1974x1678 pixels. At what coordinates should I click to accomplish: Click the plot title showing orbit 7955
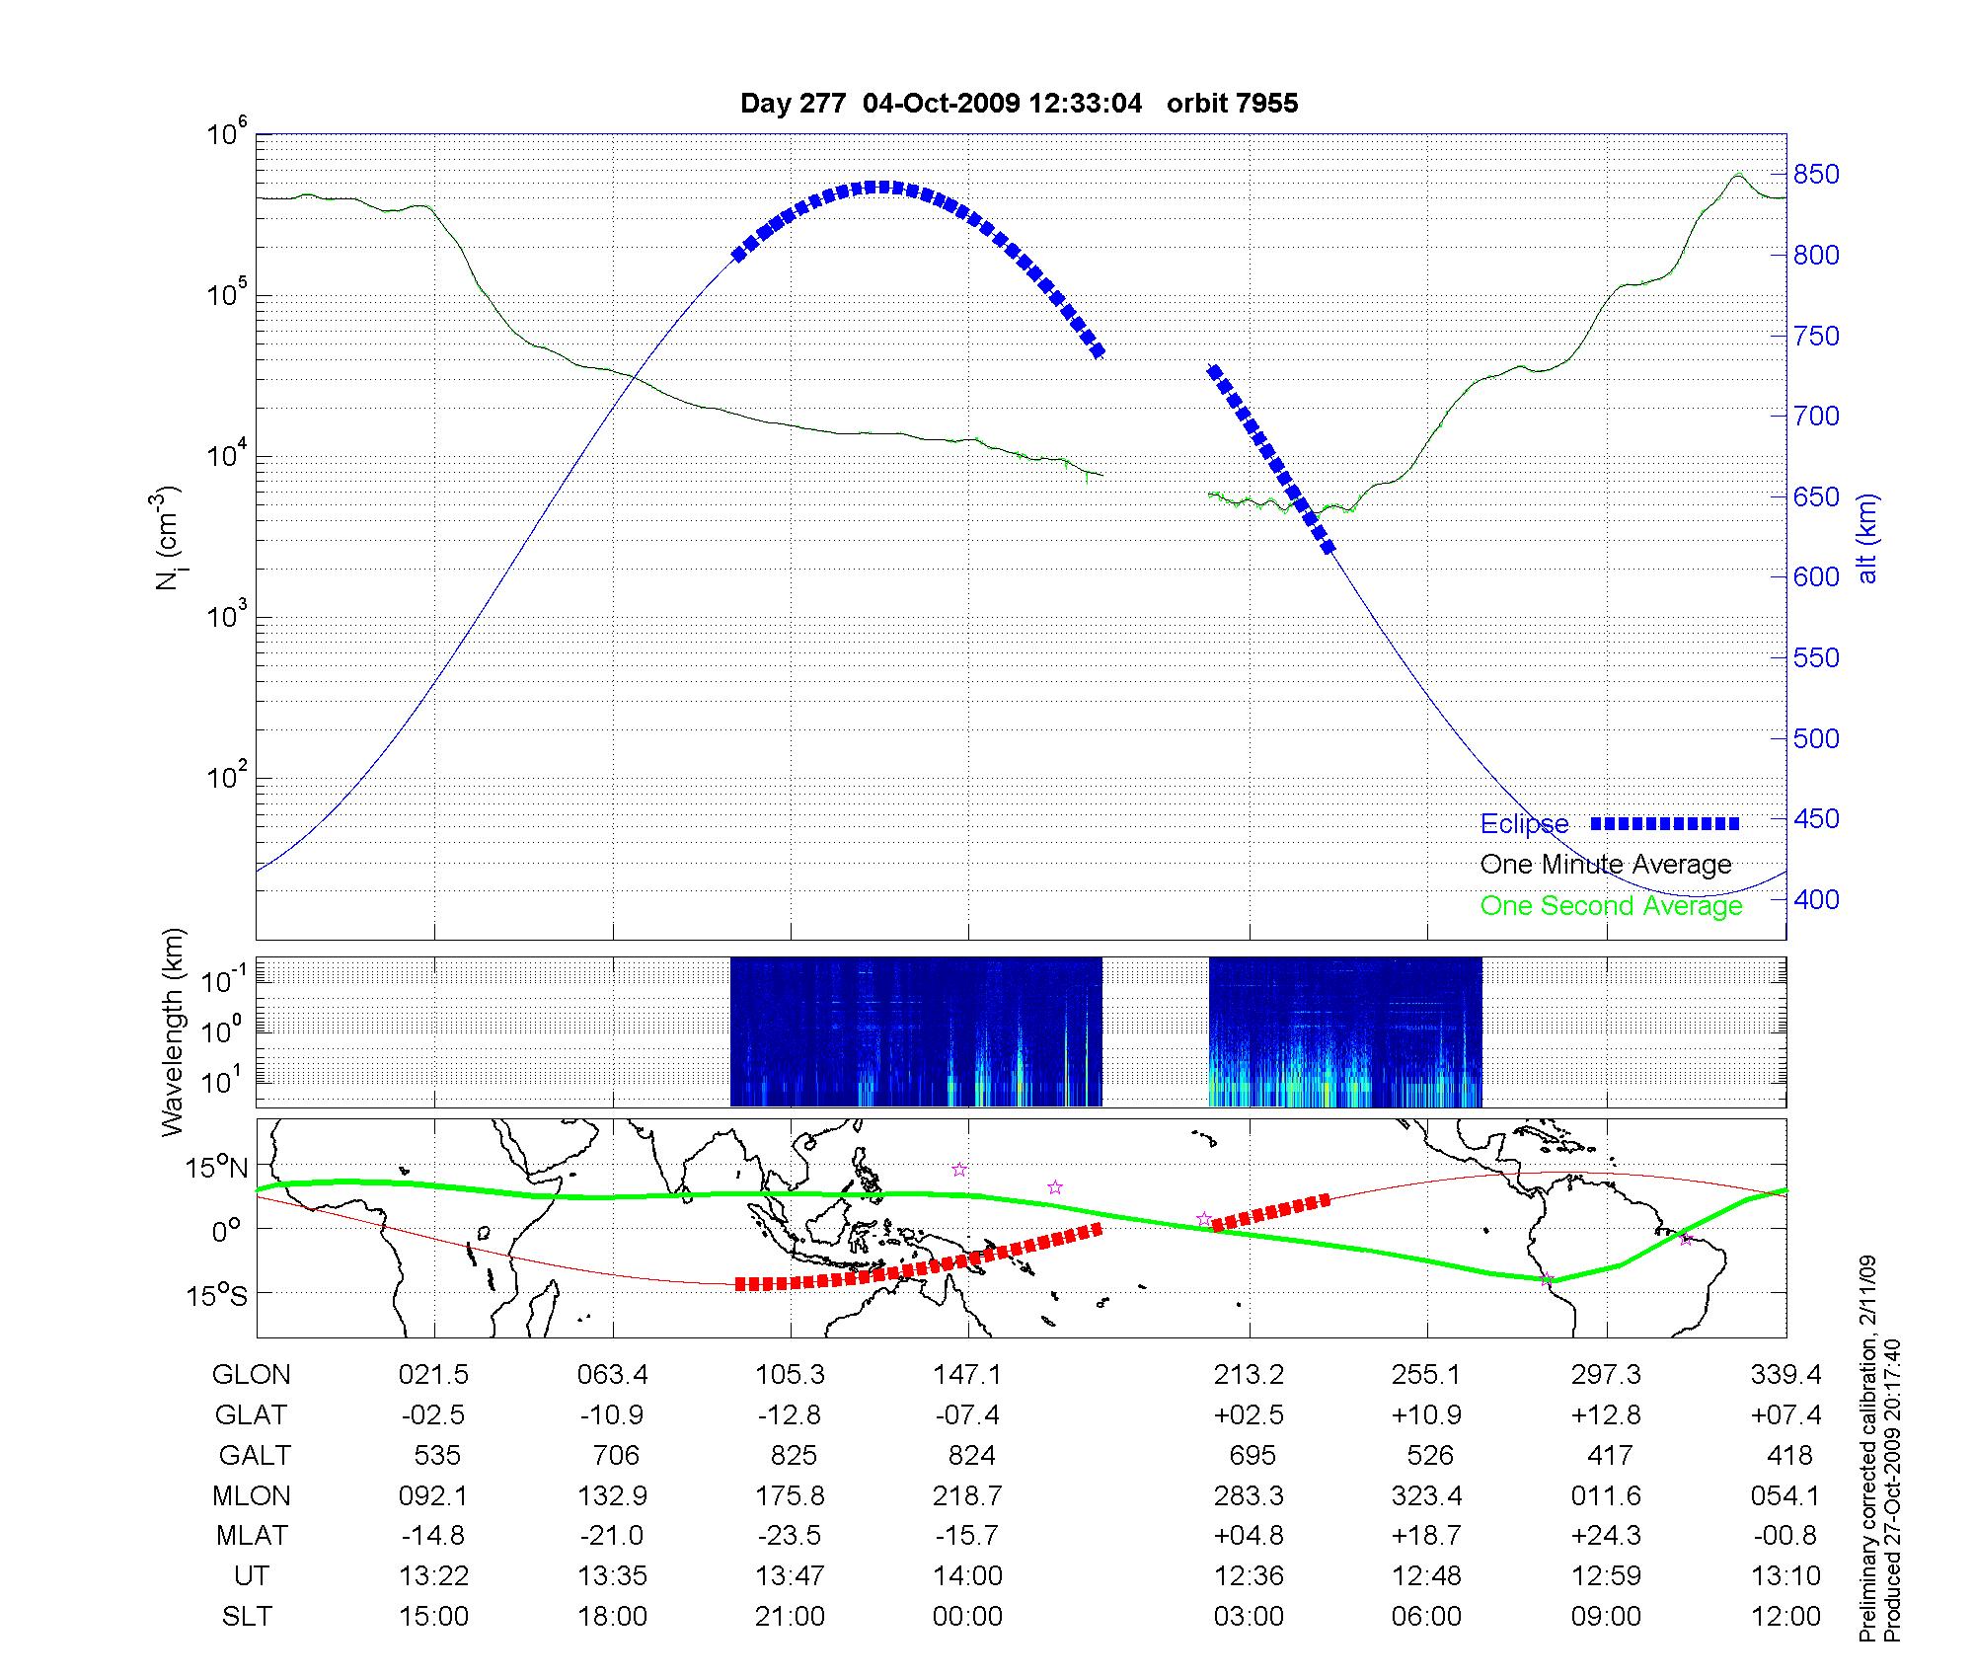pyautogui.click(x=1019, y=104)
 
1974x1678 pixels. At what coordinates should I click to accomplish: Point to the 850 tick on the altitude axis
pyautogui.click(x=1816, y=175)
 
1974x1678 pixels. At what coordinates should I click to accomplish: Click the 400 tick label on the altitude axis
pyautogui.click(x=1816, y=899)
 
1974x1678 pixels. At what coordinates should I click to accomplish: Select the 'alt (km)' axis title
pyautogui.click(x=1867, y=538)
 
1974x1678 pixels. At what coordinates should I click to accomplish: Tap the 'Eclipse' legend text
pyautogui.click(x=1524, y=824)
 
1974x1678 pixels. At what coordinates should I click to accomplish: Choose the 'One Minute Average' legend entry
pyautogui.click(x=1606, y=865)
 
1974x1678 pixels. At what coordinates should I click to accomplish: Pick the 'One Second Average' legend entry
pyautogui.click(x=1611, y=906)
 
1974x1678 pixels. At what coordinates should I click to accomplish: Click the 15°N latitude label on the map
pyautogui.click(x=218, y=1169)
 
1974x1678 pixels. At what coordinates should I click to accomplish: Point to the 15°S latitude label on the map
pyautogui.click(x=218, y=1295)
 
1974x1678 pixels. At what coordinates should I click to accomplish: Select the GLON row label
pyautogui.click(x=252, y=1375)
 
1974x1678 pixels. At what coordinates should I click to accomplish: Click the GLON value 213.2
pyautogui.click(x=1249, y=1375)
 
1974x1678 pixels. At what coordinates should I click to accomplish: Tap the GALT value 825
pyautogui.click(x=794, y=1456)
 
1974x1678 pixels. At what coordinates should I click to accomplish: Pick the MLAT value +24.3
pyautogui.click(x=1606, y=1536)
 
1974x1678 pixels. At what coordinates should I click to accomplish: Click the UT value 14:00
pyautogui.click(x=967, y=1575)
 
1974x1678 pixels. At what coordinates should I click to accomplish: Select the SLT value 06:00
pyautogui.click(x=1426, y=1616)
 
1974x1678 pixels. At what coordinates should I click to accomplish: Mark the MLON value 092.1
pyautogui.click(x=433, y=1495)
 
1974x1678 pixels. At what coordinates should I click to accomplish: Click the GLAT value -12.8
pyautogui.click(x=790, y=1415)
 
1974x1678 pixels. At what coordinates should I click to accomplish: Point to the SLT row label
pyautogui.click(x=247, y=1616)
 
